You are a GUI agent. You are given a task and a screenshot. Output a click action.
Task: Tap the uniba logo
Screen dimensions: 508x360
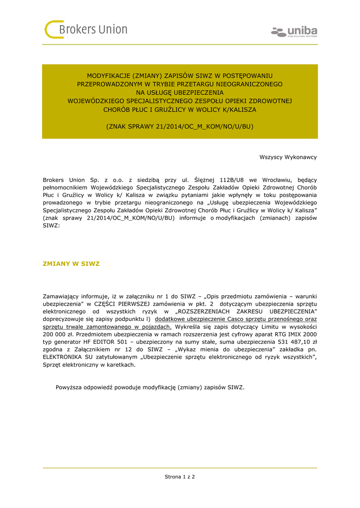pyautogui.click(x=294, y=32)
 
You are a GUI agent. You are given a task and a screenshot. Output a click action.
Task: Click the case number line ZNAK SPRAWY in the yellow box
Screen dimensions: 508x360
pyautogui.click(x=180, y=127)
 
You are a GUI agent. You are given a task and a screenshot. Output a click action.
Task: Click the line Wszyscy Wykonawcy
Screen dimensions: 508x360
pyautogui.click(x=288, y=157)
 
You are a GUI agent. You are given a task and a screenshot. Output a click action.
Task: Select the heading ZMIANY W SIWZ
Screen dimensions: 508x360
pyautogui.click(x=71, y=263)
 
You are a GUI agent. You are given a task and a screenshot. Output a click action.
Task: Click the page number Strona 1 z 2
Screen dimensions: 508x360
pyautogui.click(x=180, y=477)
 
